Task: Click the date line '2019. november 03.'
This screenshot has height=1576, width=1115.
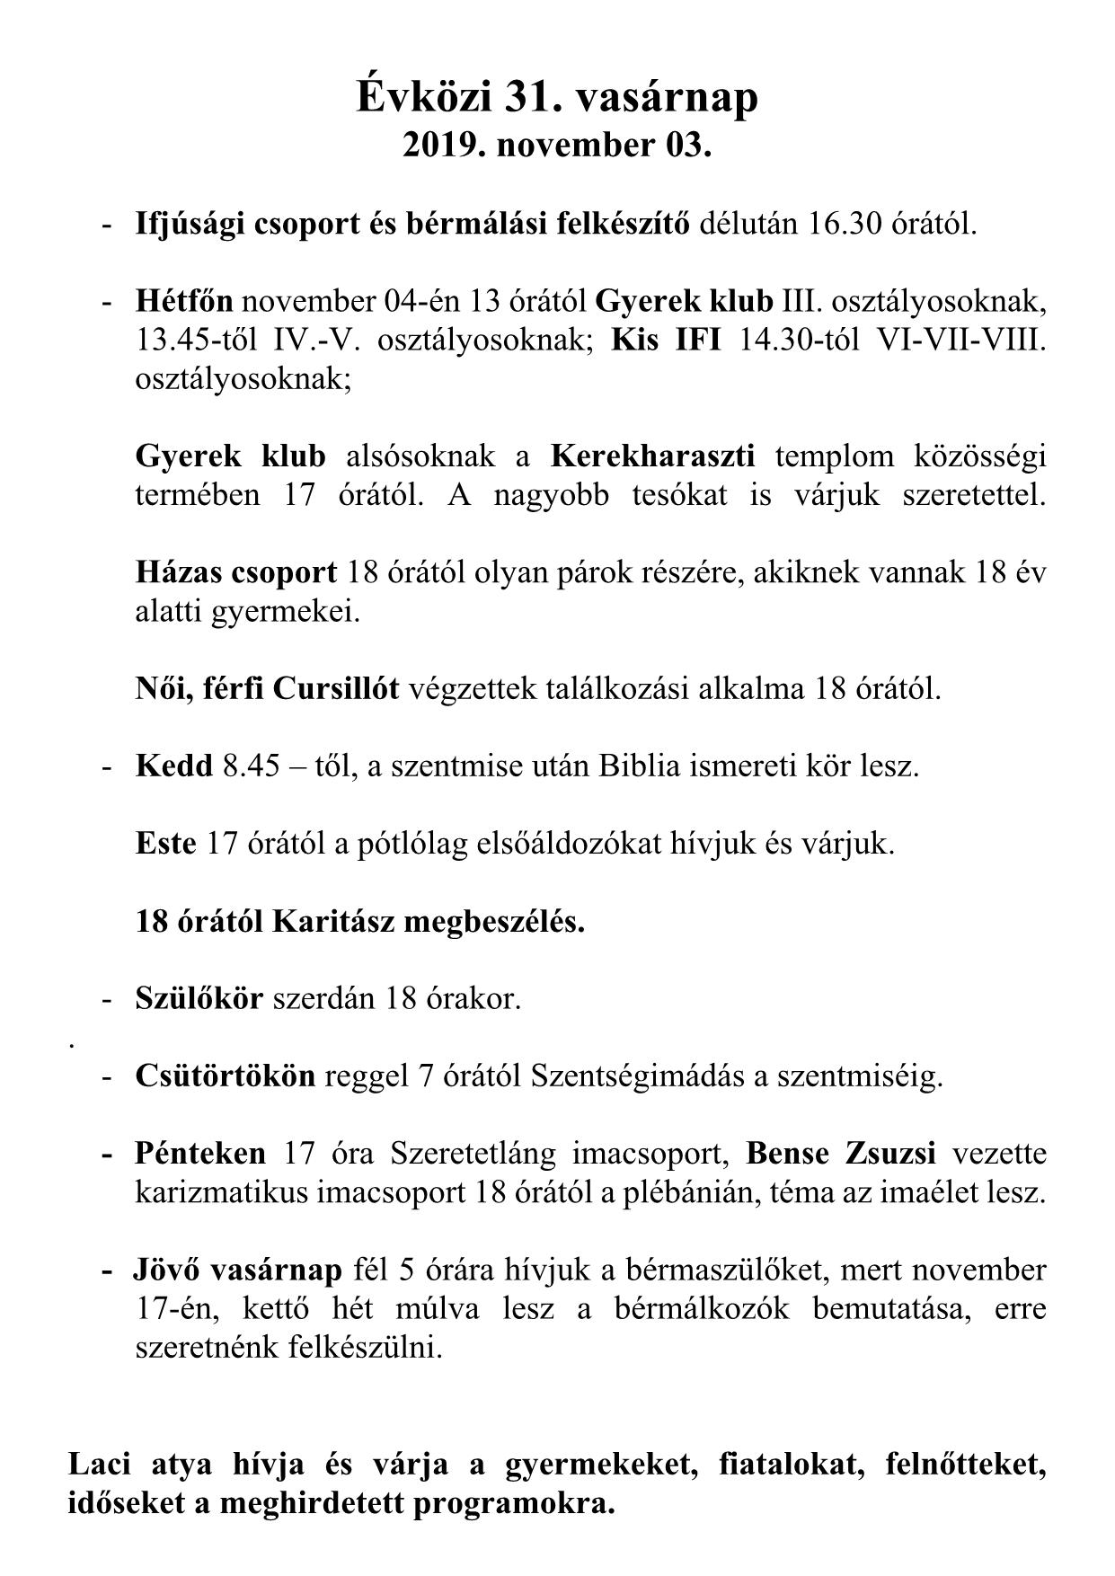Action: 557,146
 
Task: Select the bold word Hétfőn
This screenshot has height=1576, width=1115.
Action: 184,300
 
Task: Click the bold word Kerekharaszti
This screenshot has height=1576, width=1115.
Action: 652,456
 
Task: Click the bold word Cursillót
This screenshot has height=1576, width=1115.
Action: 336,689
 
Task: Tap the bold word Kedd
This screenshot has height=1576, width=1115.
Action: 174,766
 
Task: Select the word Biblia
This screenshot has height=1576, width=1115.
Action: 642,766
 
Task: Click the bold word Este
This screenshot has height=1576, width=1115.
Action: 165,844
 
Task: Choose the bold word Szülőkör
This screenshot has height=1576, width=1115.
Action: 199,998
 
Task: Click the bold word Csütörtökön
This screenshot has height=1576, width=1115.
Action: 226,1076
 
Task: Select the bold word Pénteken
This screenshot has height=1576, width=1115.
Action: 200,1154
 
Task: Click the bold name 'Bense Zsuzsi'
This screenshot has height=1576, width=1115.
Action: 841,1154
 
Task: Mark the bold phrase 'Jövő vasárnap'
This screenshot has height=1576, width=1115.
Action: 238,1271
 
